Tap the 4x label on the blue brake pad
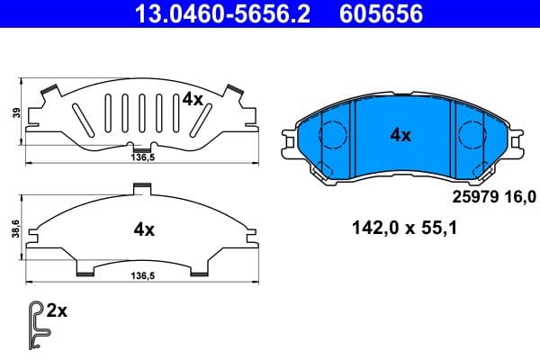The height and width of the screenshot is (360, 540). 400,135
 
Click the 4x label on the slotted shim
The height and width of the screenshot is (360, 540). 192,100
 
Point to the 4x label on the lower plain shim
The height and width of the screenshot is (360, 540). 144,229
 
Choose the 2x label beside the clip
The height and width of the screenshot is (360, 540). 57,312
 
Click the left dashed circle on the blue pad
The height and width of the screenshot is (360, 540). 334,136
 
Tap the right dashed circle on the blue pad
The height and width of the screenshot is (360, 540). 471,136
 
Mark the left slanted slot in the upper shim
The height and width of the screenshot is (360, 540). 81,118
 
